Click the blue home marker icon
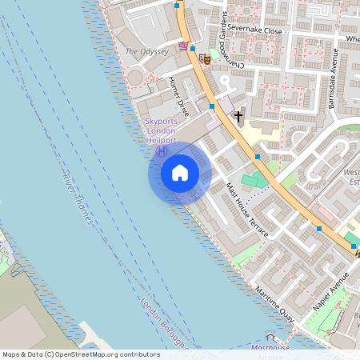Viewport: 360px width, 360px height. pyautogui.click(x=180, y=173)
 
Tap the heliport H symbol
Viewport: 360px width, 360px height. pyautogui.click(x=161, y=150)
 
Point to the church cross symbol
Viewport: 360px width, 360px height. pyautogui.click(x=238, y=117)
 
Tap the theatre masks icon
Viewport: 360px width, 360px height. pyautogui.click(x=206, y=58)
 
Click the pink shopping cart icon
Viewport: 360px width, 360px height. pyautogui.click(x=185, y=46)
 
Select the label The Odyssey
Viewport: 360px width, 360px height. pyautogui.click(x=147, y=51)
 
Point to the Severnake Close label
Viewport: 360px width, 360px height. pyautogui.click(x=254, y=31)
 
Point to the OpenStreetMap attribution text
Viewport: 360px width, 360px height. pyautogui.click(x=81, y=354)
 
